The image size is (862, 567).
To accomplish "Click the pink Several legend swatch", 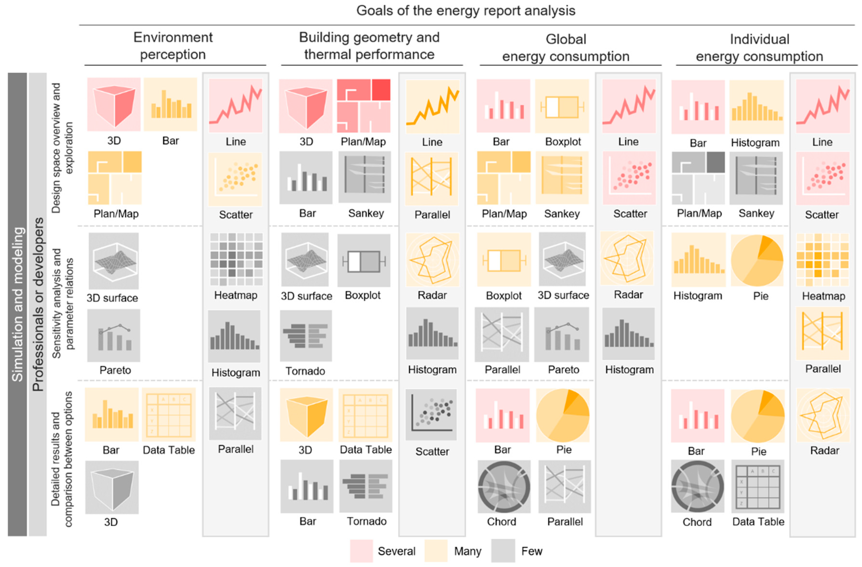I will [361, 551].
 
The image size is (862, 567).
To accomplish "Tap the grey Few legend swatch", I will [503, 551].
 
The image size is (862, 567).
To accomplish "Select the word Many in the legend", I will [468, 551].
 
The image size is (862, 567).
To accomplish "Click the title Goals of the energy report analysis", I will [466, 11].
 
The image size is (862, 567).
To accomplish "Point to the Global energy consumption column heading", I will [566, 48].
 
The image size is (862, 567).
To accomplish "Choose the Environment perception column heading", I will [173, 46].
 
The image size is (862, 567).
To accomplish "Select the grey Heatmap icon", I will [236, 259].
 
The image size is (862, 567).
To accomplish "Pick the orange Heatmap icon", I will [822, 260].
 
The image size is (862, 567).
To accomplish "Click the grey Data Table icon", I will [758, 486].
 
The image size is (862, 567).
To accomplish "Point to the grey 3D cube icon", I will [112, 487].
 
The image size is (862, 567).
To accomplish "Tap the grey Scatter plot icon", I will [431, 414].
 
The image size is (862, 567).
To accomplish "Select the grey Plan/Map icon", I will [698, 178].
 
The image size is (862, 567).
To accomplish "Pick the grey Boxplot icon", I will [364, 260].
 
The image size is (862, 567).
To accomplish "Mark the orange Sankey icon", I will [562, 178].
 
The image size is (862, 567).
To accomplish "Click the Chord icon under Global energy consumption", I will [503, 486].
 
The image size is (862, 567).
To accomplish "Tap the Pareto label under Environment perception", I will [115, 370].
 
